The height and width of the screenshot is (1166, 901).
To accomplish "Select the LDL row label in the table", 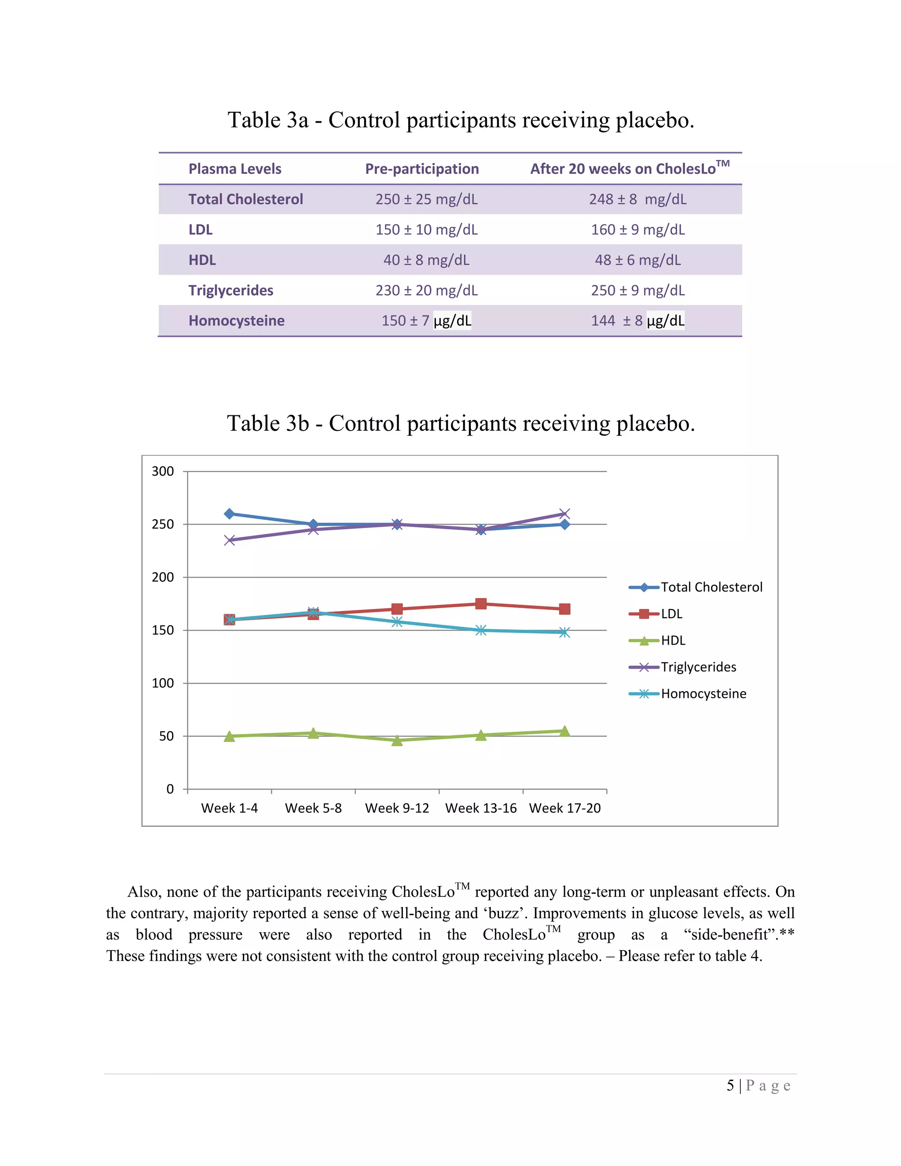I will click(x=200, y=230).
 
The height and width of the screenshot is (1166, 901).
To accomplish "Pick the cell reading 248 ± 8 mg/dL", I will click(x=637, y=199).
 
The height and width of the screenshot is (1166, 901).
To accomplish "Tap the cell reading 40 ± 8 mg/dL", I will click(x=426, y=260).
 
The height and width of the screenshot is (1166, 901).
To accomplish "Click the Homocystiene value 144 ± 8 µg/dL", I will click(x=637, y=320).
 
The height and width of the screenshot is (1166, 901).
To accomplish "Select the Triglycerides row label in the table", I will click(x=231, y=290).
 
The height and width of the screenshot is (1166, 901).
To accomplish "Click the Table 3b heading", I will click(x=461, y=423).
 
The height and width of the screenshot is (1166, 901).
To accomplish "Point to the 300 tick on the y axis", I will click(x=163, y=471).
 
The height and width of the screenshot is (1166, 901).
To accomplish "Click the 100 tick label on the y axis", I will click(x=163, y=683).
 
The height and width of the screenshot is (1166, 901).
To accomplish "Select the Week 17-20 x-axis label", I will click(x=565, y=808).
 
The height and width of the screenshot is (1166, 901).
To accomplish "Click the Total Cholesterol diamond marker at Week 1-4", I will click(x=230, y=513).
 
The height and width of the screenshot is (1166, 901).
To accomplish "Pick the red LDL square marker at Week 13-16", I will click(x=481, y=604).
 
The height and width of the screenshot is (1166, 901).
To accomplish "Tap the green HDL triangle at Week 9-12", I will click(x=396, y=741).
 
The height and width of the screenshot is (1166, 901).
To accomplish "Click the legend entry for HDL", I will click(x=673, y=641).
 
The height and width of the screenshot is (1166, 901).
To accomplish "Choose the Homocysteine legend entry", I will click(x=703, y=694).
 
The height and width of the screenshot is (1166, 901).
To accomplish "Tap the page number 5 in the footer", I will click(x=730, y=1085).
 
